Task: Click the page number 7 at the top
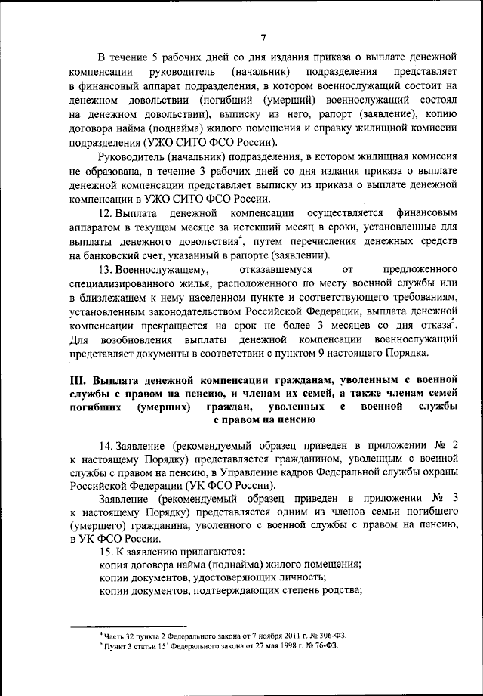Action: click(x=263, y=39)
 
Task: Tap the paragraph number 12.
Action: click(x=106, y=215)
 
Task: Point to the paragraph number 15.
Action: click(x=106, y=552)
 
